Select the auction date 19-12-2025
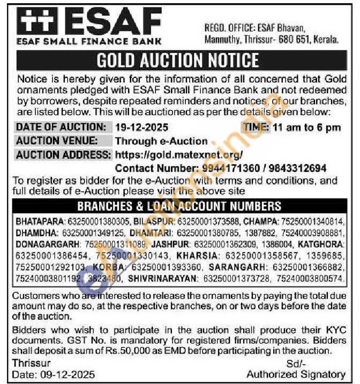click(141, 127)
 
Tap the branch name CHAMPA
click(259, 221)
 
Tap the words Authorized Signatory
click(296, 374)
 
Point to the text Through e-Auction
click(161, 141)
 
